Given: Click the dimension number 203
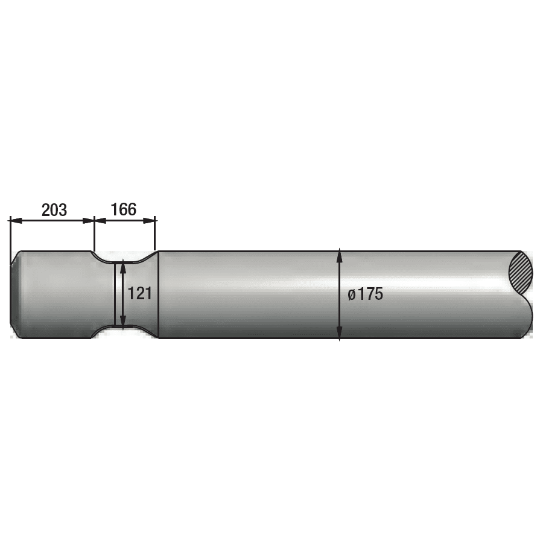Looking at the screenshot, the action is (54, 210).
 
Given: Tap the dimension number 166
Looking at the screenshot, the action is (123, 209).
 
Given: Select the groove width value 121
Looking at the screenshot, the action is (140, 294).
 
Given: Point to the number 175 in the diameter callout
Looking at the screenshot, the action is (370, 294).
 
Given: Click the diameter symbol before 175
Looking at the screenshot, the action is (352, 294).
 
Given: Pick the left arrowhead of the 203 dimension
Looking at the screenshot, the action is (16, 221).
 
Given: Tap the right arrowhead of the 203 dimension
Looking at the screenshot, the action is (89, 221).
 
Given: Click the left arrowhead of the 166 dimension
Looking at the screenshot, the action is (100, 220).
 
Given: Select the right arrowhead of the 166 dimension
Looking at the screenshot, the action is (149, 220).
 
